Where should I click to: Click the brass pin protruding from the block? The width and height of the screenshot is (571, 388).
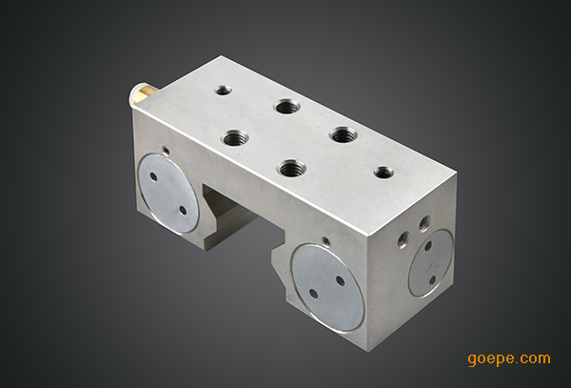(143, 93)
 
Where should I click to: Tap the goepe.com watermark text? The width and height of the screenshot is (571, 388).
(509, 359)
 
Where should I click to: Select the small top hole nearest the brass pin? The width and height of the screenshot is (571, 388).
(224, 90)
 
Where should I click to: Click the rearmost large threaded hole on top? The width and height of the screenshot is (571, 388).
(287, 107)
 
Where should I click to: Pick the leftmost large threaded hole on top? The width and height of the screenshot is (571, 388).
(235, 138)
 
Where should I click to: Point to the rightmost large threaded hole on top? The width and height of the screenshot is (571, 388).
(344, 135)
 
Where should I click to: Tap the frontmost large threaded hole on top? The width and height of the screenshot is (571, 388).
(291, 168)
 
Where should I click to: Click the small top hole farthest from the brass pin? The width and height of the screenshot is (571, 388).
(384, 173)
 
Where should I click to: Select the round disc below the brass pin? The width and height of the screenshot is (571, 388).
(169, 194)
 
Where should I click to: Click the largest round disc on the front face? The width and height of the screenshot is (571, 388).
(327, 288)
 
